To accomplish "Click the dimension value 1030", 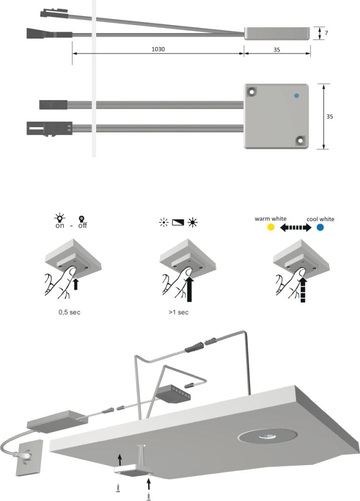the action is [x=158, y=49].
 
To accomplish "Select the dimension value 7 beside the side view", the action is [x=326, y=33].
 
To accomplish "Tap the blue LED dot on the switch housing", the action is [x=296, y=96].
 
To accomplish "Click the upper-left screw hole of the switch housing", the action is [x=252, y=92].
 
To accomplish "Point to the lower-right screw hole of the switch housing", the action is [x=300, y=140].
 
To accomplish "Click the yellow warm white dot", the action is [x=270, y=227].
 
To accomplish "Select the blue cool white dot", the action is [x=320, y=227].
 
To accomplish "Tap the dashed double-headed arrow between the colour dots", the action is [x=295, y=227].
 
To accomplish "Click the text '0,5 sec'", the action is [x=69, y=312].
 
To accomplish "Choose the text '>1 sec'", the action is [x=179, y=312].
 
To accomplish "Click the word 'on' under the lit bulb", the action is [x=60, y=225].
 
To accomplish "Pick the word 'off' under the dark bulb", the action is [x=83, y=225].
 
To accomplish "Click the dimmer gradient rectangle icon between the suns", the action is [x=178, y=222].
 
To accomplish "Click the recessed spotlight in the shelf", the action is [x=268, y=436].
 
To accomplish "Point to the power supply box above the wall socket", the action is [x=57, y=421].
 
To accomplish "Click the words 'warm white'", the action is [x=270, y=219].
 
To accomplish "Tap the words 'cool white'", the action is [x=320, y=219].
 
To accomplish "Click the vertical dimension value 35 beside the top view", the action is [x=329, y=117].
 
